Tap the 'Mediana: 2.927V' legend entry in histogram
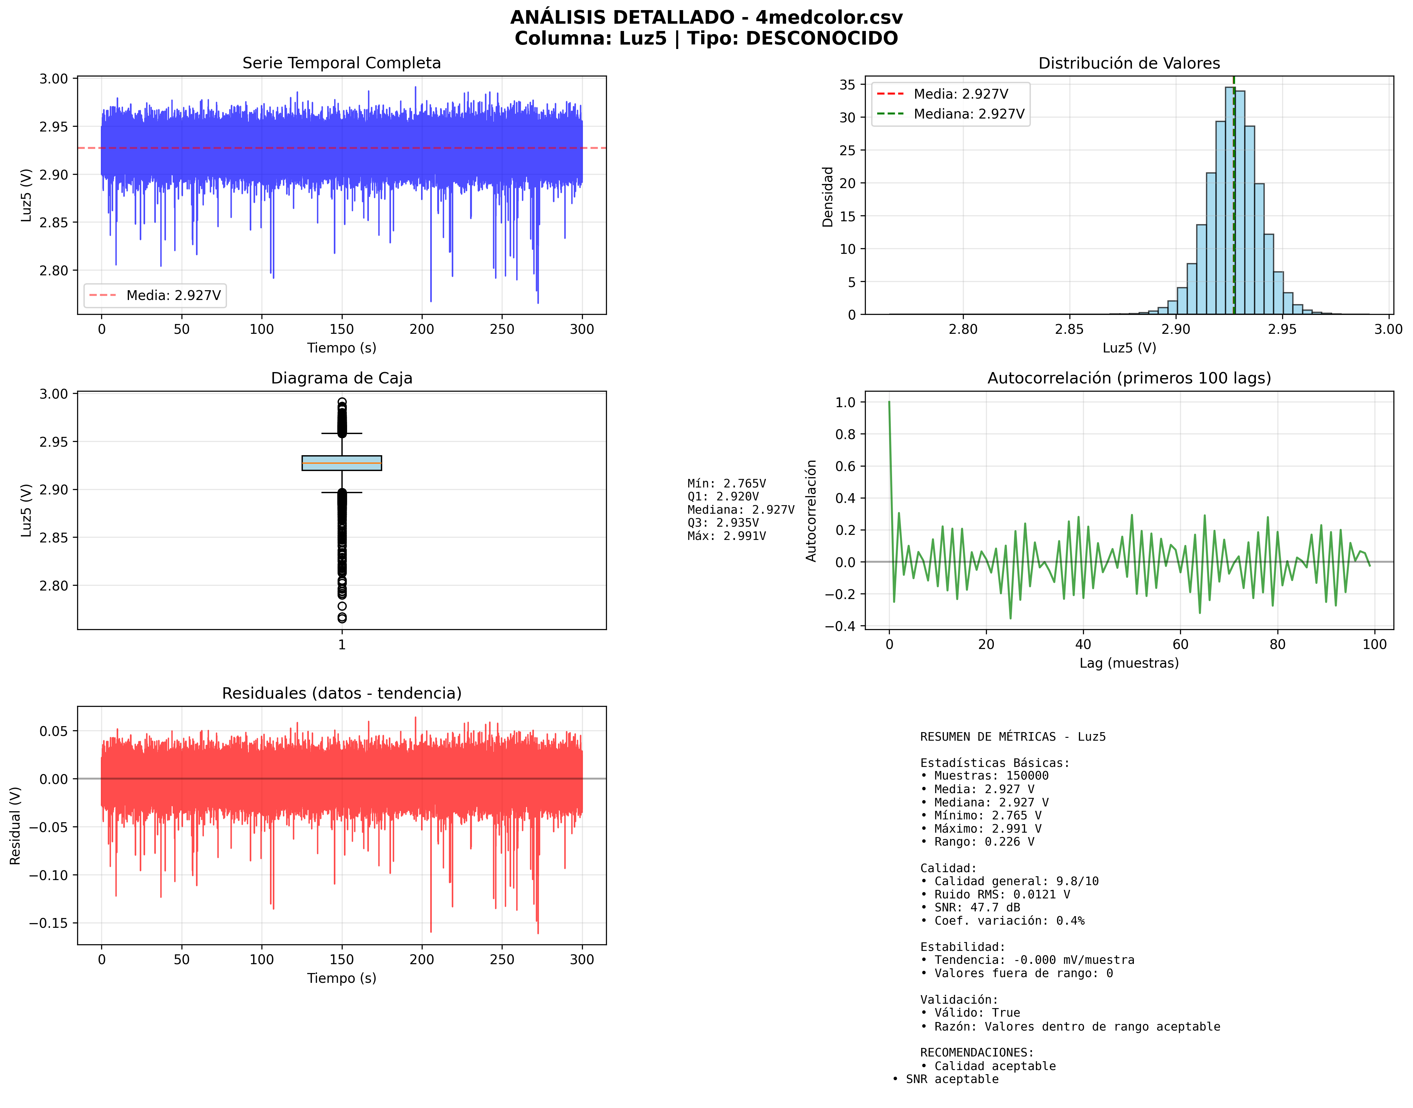pyautogui.click(x=969, y=114)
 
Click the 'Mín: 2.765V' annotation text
pyautogui.click(x=727, y=483)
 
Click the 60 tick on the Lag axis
pyautogui.click(x=1180, y=644)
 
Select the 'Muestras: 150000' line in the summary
pyautogui.click(x=991, y=776)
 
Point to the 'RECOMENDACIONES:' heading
pyautogui.click(x=976, y=1052)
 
